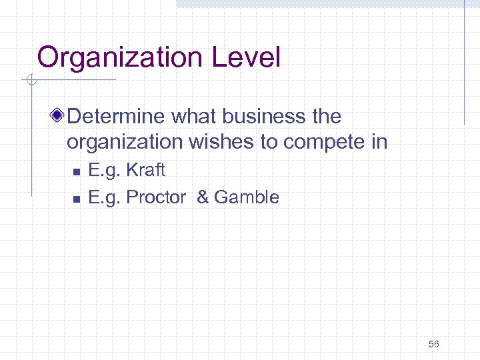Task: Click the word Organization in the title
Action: coord(121,58)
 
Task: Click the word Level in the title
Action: coord(246,57)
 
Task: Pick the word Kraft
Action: coord(145,170)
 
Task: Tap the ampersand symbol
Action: coord(203,197)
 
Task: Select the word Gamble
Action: coord(247,197)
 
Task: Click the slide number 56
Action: coord(434,344)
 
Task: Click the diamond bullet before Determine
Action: coord(59,117)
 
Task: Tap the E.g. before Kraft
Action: coord(105,170)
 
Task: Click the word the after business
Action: coord(326,117)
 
